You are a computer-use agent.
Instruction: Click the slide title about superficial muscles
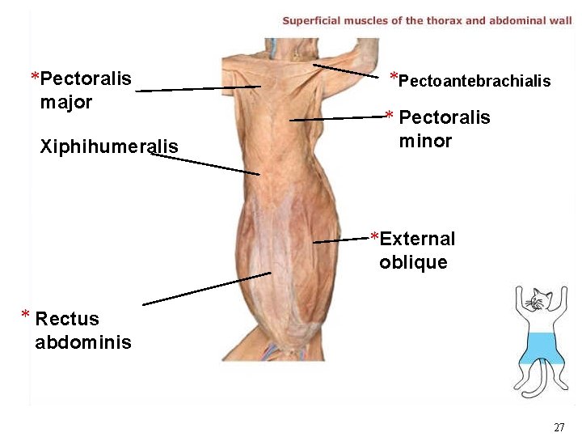[427, 20]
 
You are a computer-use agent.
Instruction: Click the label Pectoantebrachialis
[474, 81]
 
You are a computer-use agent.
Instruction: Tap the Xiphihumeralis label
[109, 146]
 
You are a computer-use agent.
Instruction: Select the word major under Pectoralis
[66, 103]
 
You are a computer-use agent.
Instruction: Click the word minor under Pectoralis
[425, 141]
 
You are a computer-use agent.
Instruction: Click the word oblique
[413, 262]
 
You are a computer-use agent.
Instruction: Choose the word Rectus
[67, 319]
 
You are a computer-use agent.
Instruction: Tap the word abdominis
[82, 342]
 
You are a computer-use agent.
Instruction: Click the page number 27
[559, 427]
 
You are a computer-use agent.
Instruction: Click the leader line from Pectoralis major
[198, 89]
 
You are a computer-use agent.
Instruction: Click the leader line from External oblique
[342, 240]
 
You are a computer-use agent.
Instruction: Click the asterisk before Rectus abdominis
[26, 316]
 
